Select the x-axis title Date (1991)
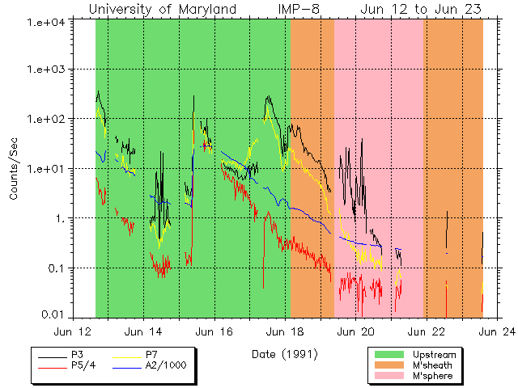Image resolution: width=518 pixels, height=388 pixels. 285,354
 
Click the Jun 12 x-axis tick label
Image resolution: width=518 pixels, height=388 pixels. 74,331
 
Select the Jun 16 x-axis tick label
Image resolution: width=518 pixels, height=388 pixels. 214,331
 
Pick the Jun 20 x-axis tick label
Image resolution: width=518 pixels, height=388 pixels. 356,331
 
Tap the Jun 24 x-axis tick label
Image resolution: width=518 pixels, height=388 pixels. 495,331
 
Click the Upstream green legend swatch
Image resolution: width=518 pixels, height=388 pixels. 388,355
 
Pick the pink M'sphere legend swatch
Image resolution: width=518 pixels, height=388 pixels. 388,376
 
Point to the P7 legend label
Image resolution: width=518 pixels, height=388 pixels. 151,355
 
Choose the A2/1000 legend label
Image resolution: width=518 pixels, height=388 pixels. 165,365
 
